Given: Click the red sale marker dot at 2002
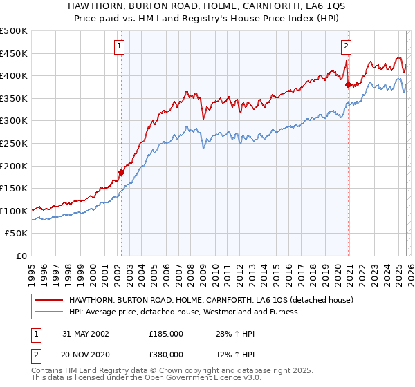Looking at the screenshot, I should (x=121, y=172).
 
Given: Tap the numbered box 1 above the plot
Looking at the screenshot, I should (x=120, y=46).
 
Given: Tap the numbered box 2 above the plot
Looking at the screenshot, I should (x=346, y=46).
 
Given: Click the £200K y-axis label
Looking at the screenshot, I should (x=14, y=166).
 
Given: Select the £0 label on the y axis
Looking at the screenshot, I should (x=22, y=256).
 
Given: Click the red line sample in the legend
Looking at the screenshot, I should (x=49, y=301).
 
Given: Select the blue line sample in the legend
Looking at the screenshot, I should (x=49, y=312).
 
